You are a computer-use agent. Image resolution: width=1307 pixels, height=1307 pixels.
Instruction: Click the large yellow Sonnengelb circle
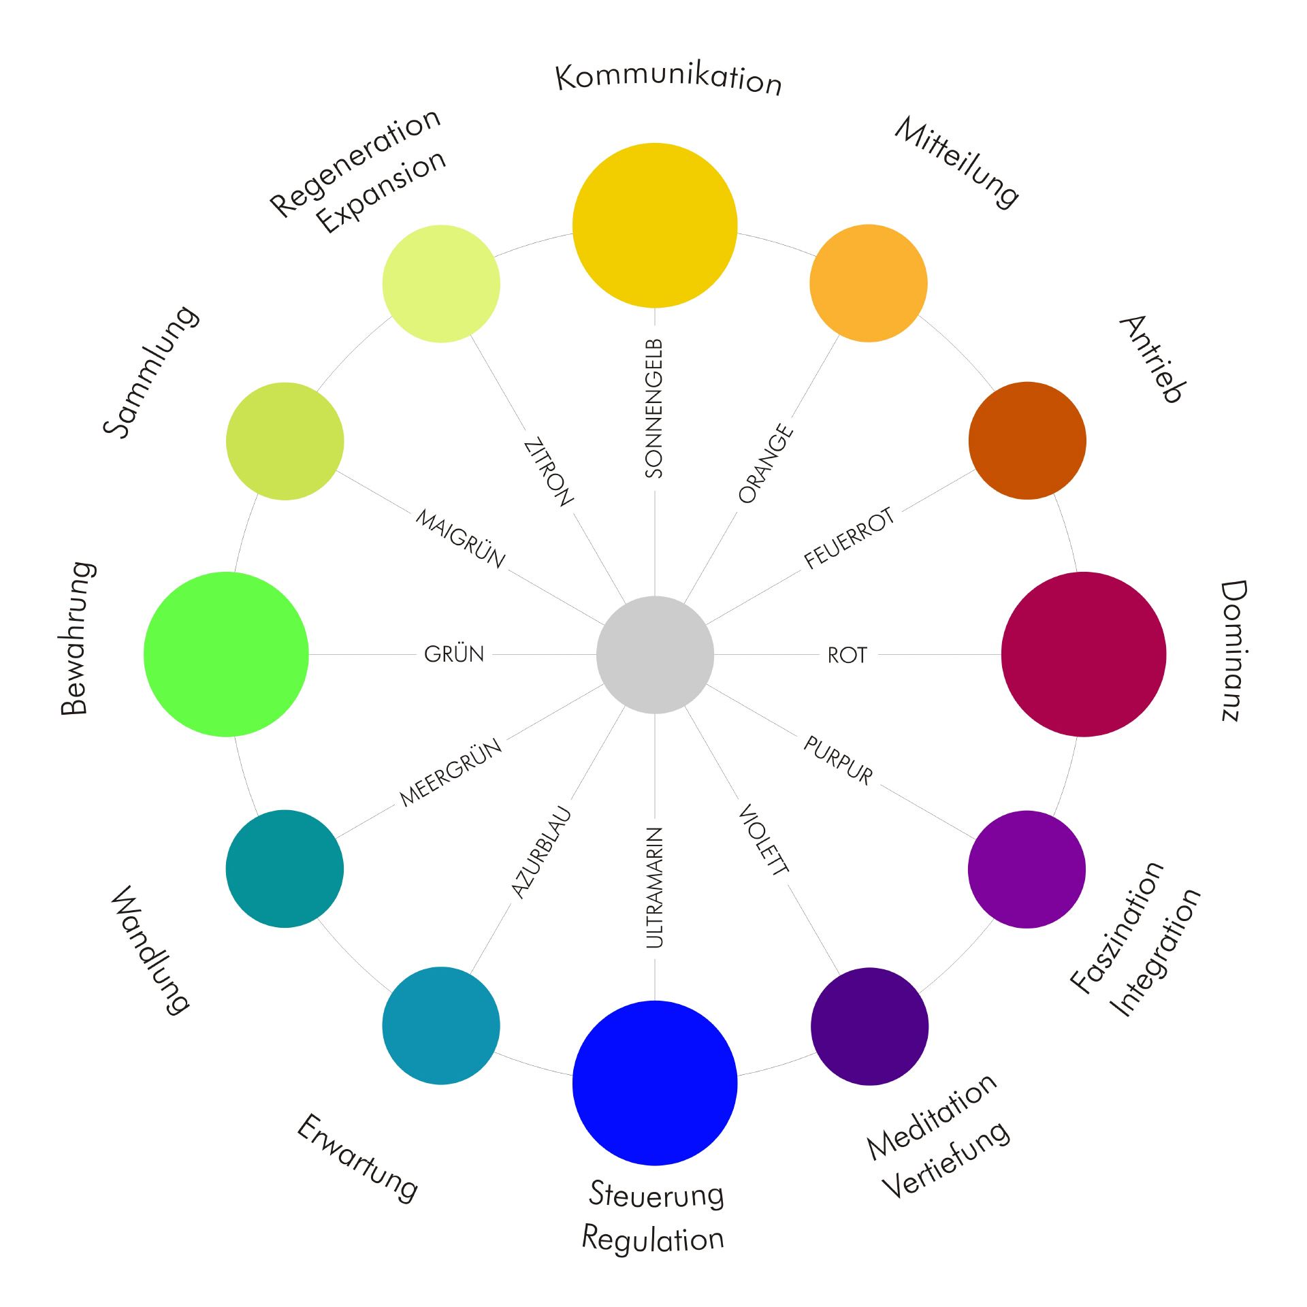coord(655,225)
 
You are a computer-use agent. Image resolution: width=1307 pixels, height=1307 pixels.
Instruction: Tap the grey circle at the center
coord(655,655)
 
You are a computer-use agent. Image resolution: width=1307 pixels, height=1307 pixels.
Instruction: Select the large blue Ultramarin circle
coord(655,1083)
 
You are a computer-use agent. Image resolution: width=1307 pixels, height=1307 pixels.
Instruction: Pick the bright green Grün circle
coord(226,654)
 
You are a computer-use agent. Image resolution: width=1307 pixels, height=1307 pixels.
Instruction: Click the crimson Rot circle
coord(1084,654)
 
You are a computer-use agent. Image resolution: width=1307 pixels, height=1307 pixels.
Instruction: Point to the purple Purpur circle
coord(1027,869)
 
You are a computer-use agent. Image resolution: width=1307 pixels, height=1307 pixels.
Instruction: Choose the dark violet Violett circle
coord(869,1026)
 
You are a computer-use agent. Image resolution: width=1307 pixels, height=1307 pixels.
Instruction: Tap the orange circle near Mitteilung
coord(869,283)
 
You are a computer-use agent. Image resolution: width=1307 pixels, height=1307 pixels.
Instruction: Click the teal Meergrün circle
coord(285,869)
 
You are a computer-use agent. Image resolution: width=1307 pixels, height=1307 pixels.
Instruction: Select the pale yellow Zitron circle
coord(441,283)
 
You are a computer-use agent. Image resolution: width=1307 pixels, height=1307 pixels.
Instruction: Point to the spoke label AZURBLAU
coord(540,852)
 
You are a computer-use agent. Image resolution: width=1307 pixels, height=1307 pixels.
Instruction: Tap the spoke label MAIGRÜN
coord(461,538)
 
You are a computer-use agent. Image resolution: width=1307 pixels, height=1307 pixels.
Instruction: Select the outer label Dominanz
coord(1233,650)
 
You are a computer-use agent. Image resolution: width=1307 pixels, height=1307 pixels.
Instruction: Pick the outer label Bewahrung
coord(77,638)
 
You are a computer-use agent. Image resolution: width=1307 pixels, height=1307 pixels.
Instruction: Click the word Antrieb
coord(1152,359)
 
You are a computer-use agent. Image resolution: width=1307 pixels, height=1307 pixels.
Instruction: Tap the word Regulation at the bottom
coord(653,1238)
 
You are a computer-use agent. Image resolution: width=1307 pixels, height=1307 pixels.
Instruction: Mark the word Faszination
coord(1116,926)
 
